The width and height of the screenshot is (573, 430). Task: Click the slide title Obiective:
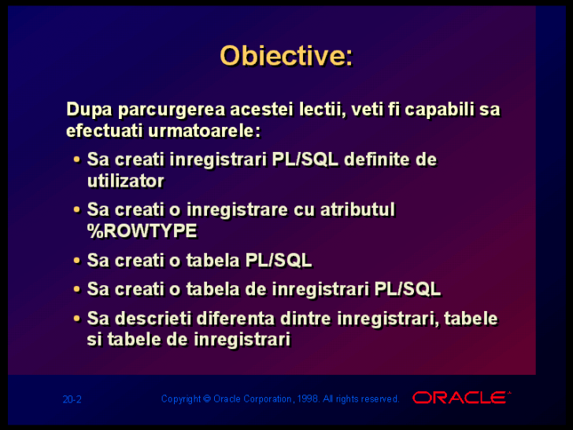point(286,56)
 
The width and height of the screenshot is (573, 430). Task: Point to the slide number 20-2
point(72,399)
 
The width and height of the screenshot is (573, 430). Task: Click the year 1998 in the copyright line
point(308,398)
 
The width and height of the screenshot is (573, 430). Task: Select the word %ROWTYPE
point(142,231)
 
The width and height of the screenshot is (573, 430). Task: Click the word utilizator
point(126,180)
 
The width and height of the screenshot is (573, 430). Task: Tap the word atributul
point(358,209)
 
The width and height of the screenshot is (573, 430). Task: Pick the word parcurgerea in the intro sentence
point(172,110)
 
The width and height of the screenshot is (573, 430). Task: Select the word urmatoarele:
point(205,131)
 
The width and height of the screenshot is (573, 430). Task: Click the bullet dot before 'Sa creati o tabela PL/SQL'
point(77,261)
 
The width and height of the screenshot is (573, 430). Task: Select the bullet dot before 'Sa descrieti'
point(77,318)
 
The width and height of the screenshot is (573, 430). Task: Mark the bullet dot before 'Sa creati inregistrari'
point(77,160)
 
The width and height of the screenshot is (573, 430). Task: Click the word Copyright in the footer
point(181,399)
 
